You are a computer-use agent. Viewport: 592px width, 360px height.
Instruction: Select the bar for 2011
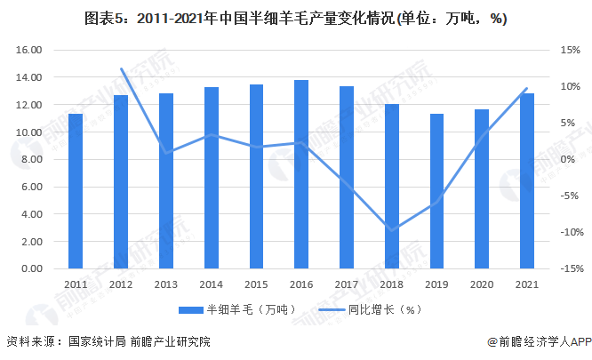pyautogui.click(x=76, y=191)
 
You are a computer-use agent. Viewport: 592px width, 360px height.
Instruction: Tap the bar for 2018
pyautogui.click(x=392, y=187)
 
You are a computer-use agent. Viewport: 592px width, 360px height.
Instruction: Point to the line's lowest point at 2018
pyautogui.click(x=392, y=229)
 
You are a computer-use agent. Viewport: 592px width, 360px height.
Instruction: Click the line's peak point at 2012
pyautogui.click(x=121, y=68)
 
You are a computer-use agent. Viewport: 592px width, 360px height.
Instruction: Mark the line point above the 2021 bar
pyautogui.click(x=527, y=88)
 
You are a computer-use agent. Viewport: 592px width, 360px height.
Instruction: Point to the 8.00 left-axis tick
pyautogui.click(x=33, y=160)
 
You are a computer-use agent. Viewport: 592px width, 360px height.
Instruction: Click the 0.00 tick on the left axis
pyautogui.click(x=33, y=268)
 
